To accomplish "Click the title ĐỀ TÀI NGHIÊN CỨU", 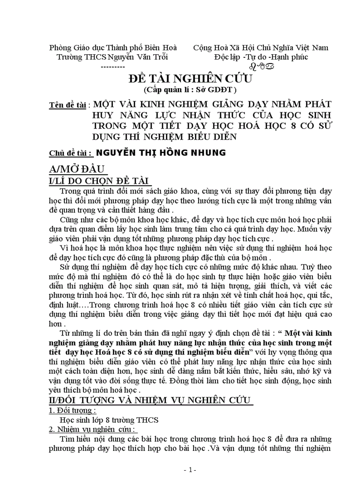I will [x=190, y=79].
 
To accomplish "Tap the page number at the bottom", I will [x=190, y=470].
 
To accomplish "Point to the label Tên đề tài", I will [x=69, y=106].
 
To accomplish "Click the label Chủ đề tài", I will [x=71, y=153].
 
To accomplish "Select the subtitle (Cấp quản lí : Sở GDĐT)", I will [x=190, y=90].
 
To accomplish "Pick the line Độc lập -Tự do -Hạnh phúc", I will [x=261, y=57].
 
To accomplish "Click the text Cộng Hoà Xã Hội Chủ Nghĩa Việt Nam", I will [x=261, y=48].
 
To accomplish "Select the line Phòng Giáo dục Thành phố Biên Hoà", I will [x=113, y=48].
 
